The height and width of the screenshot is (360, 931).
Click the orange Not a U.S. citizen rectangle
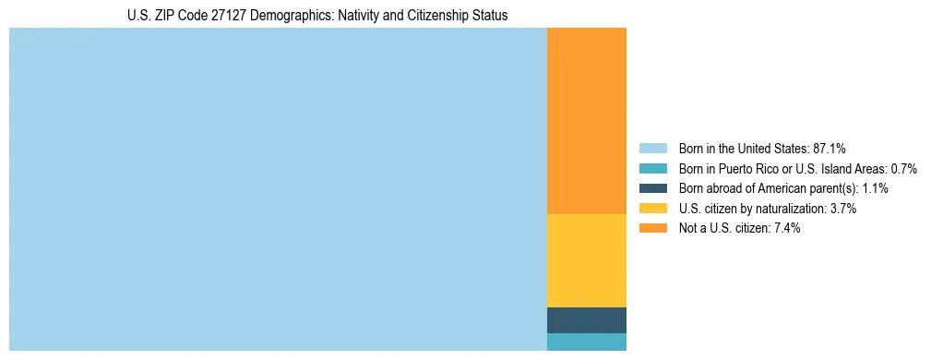[586, 121]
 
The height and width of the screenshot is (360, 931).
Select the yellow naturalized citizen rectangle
[586, 260]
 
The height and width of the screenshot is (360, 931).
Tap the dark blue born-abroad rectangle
[586, 319]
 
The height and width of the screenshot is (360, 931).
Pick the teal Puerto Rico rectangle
[586, 342]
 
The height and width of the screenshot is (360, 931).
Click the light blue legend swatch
[652, 148]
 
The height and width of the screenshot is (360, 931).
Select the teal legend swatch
[652, 168]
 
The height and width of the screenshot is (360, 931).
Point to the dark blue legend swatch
[652, 188]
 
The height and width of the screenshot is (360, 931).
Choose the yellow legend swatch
[652, 209]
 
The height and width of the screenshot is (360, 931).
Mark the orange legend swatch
[652, 228]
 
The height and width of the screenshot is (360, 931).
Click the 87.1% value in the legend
[830, 148]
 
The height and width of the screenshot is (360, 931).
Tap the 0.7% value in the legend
[902, 168]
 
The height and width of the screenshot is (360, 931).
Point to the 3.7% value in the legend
[842, 209]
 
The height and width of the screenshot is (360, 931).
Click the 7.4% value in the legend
[786, 228]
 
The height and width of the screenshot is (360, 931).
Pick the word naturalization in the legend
[790, 209]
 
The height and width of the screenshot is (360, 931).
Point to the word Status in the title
[490, 16]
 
